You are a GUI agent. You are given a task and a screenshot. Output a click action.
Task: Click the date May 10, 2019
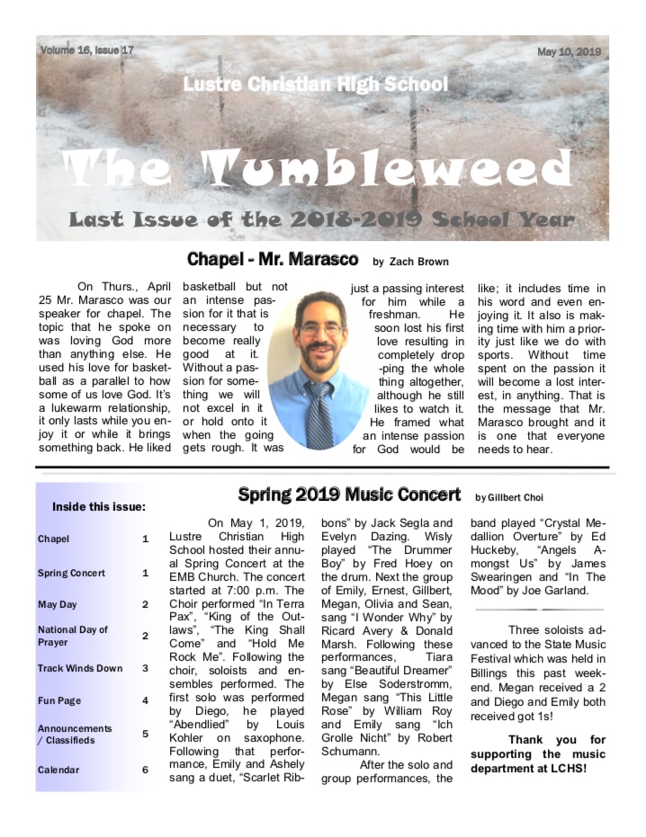569,52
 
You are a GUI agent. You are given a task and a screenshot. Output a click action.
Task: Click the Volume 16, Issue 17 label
86,50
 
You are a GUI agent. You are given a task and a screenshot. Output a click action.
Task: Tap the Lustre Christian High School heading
315,85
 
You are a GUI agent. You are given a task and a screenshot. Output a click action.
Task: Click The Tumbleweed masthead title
320,169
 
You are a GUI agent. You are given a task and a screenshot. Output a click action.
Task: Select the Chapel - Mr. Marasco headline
273,260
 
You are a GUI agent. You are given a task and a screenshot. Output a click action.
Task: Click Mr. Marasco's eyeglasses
320,328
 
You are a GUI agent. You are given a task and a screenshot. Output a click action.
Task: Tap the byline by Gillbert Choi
509,497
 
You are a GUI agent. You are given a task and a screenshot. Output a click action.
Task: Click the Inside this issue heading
99,506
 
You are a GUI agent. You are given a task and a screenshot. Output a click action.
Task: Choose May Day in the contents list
57,605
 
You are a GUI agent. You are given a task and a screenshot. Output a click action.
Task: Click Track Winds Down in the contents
80,668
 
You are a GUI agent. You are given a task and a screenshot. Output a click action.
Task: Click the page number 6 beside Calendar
145,770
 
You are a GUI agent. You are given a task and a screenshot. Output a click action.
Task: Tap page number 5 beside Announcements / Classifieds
145,734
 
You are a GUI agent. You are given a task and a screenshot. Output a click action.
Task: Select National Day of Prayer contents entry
74,636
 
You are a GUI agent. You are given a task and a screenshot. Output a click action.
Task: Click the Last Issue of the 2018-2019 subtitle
320,219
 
